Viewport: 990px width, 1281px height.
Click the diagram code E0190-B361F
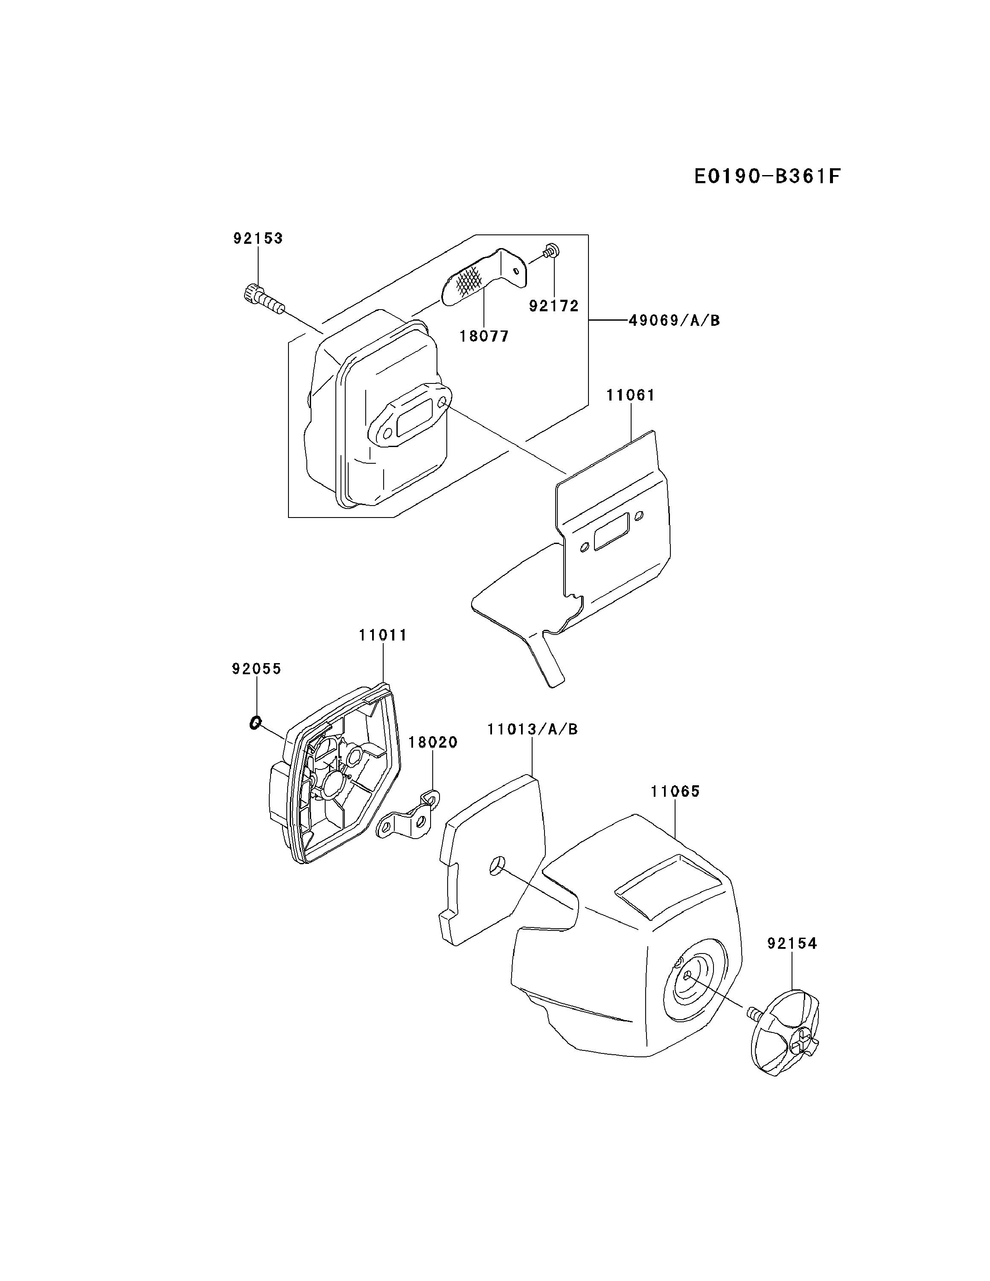pos(767,176)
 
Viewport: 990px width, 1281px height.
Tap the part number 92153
pos(258,238)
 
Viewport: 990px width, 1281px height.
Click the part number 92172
pos(553,306)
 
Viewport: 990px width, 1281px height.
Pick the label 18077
pos(484,336)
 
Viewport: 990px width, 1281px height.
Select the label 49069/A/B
pos(674,320)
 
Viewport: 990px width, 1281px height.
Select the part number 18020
pos(433,742)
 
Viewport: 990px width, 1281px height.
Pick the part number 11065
pos(675,791)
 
